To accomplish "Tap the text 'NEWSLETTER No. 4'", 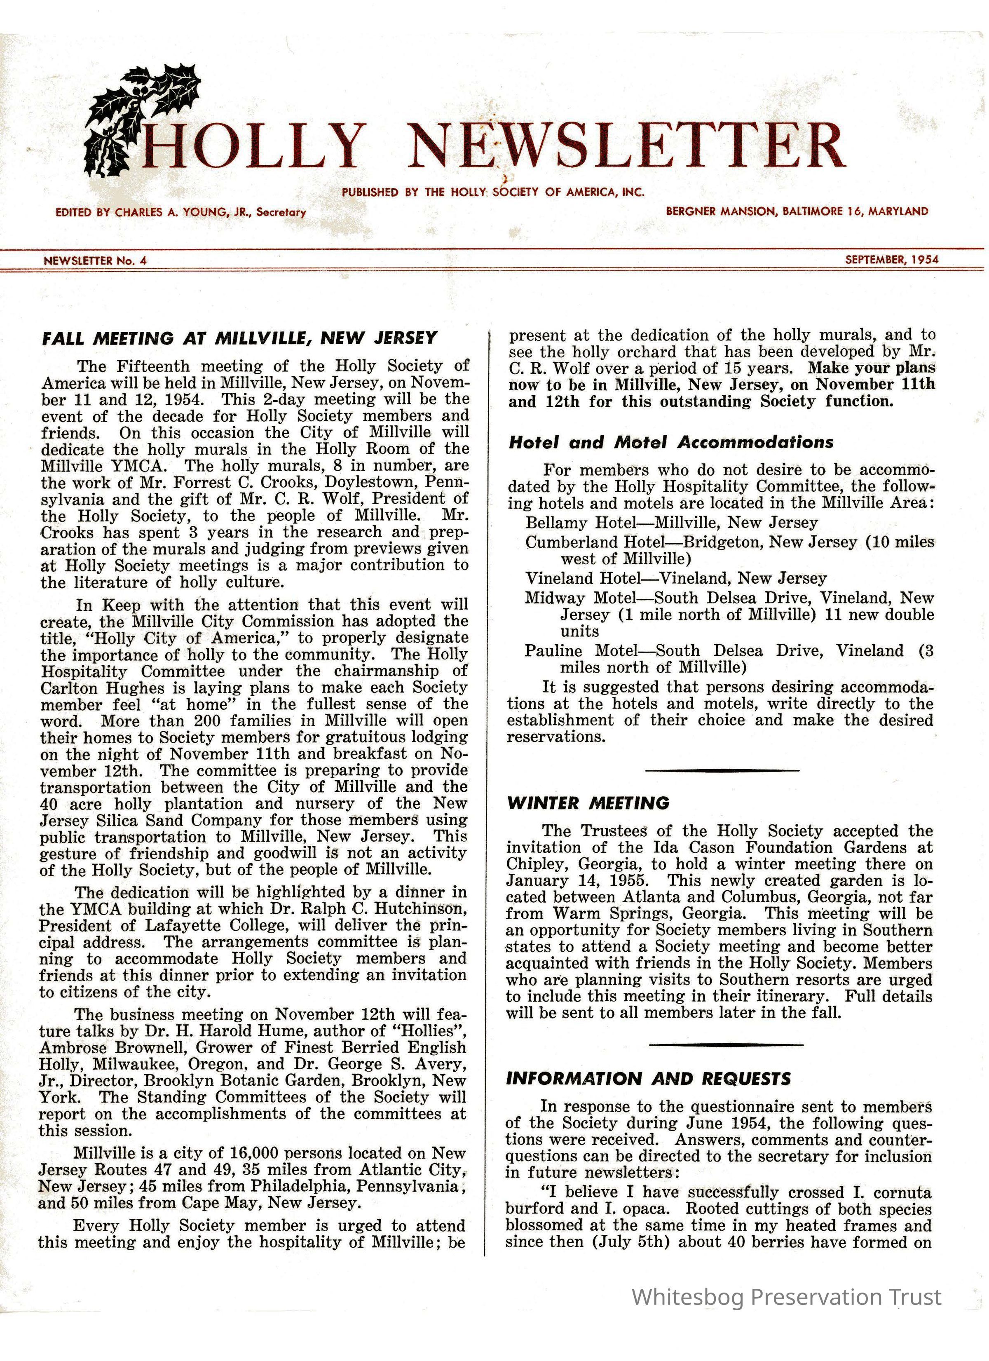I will pos(95,260).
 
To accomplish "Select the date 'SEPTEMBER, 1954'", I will pos(892,260).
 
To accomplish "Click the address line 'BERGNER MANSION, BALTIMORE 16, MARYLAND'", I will pos(797,211).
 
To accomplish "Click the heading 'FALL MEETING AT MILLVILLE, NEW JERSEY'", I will pos(239,338).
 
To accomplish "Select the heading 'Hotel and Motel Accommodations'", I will pos(670,443).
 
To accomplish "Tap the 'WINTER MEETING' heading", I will pos(588,803).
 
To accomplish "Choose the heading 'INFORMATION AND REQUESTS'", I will pos(648,1078).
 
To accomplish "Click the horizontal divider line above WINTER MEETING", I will pos(722,770).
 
